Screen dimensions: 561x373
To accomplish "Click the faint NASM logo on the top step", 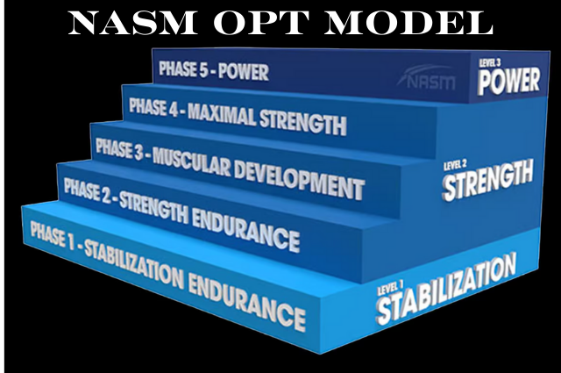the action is click(x=427, y=78).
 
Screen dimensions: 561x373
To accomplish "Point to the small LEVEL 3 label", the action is click(x=489, y=63).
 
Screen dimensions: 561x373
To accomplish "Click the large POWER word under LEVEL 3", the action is click(x=508, y=82).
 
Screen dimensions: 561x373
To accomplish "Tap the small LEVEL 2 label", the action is click(x=455, y=166).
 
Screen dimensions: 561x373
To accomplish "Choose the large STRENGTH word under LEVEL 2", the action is click(x=488, y=180).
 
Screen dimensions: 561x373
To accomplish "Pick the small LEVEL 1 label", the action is click(x=390, y=288).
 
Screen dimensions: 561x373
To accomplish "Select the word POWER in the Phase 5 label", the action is click(x=244, y=72).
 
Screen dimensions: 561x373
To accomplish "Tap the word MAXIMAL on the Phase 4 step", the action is click(x=222, y=115).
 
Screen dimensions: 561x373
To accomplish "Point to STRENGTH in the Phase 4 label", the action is click(x=302, y=122).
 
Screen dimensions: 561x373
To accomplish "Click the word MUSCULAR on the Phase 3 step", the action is click(x=192, y=163).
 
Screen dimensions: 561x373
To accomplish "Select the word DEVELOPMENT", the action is click(x=299, y=182).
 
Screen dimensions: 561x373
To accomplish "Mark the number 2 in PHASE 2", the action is click(x=106, y=196).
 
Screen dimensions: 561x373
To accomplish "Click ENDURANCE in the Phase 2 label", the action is click(x=245, y=228).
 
